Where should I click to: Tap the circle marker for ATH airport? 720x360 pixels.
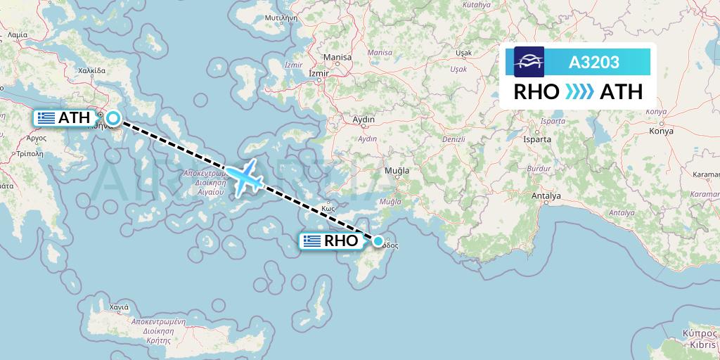(112, 119)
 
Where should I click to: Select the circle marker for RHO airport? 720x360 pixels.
(379, 241)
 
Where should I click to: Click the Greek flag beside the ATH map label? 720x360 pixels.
(47, 118)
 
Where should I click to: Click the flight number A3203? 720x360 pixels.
(594, 62)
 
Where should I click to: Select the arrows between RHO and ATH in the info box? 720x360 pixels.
(579, 92)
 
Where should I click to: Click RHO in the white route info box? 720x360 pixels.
(536, 92)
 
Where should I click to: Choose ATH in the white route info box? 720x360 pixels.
(621, 92)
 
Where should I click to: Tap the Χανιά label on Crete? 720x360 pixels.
(119, 307)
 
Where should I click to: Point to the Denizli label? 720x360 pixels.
(455, 139)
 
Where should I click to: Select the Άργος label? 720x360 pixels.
(36, 139)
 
